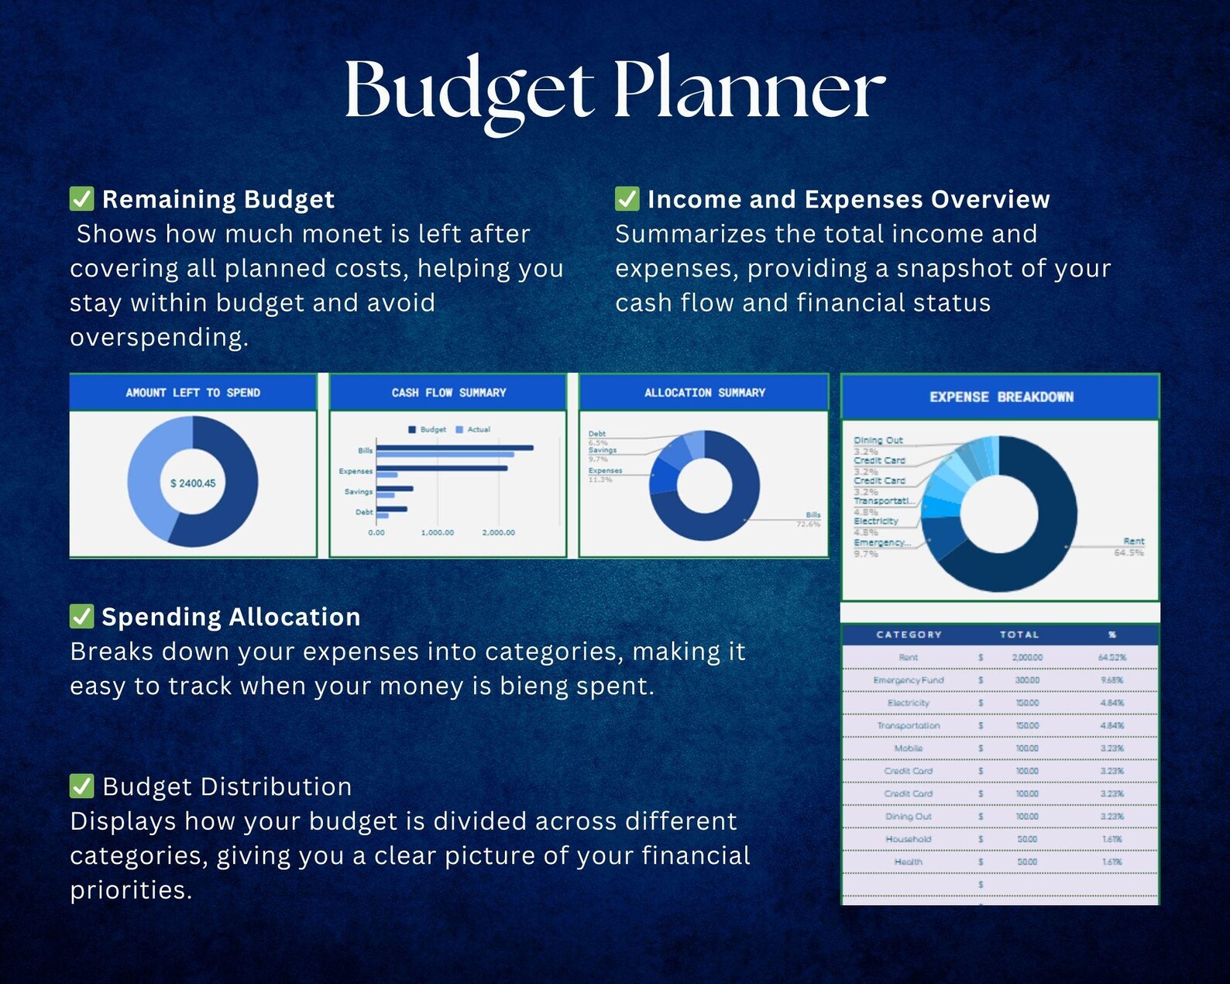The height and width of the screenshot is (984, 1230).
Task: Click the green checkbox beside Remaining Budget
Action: pyautogui.click(x=81, y=199)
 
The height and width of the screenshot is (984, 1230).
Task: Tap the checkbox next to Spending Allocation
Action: pyautogui.click(x=81, y=617)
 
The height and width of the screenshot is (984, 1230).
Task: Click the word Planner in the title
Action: pyautogui.click(x=749, y=91)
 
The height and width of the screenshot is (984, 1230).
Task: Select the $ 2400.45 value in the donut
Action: pyautogui.click(x=193, y=483)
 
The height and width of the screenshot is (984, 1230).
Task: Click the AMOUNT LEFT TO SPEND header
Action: pyautogui.click(x=193, y=393)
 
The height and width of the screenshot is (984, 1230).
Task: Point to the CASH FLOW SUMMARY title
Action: pyautogui.click(x=448, y=393)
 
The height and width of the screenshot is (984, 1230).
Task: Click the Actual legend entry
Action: pyautogui.click(x=474, y=429)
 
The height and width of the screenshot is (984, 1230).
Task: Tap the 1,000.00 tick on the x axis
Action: pyautogui.click(x=438, y=533)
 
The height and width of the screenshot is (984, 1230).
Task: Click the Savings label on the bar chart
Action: pyautogui.click(x=359, y=492)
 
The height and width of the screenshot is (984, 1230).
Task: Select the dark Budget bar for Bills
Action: pyautogui.click(x=455, y=448)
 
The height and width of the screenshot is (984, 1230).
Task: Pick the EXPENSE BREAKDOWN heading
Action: pyautogui.click(x=1001, y=397)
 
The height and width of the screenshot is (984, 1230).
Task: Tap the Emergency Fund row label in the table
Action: pyautogui.click(x=908, y=680)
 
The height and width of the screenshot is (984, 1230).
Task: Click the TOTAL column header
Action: pyautogui.click(x=1019, y=635)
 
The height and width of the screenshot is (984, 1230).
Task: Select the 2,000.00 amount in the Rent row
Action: pyautogui.click(x=1027, y=658)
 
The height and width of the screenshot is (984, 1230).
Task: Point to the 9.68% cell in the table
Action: pyautogui.click(x=1111, y=680)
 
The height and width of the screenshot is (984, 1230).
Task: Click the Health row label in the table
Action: pyautogui.click(x=908, y=862)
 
